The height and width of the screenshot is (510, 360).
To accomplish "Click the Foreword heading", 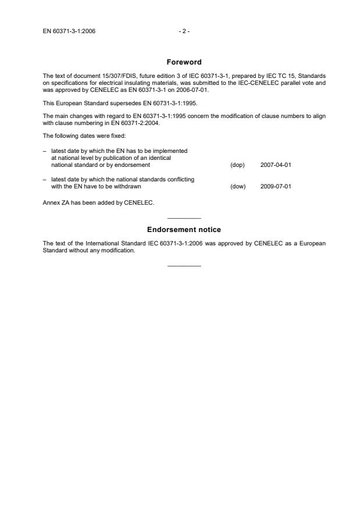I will coord(184,62).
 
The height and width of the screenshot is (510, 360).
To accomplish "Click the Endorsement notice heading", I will coord(184,230).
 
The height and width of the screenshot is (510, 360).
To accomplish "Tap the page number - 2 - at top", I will coord(184,31).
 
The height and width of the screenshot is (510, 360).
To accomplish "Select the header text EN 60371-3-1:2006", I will coord(69,31).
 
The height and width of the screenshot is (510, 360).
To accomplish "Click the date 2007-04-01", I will coord(276,165).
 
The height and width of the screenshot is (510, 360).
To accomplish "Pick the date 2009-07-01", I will coord(276,187).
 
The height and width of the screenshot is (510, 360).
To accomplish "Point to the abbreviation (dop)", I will coord(237,165).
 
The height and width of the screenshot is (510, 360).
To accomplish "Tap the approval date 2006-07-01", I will coord(190,90).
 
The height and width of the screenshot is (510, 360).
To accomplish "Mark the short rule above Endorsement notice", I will coord(184,217).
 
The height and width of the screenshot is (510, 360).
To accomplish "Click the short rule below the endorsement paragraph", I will coord(184,266).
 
